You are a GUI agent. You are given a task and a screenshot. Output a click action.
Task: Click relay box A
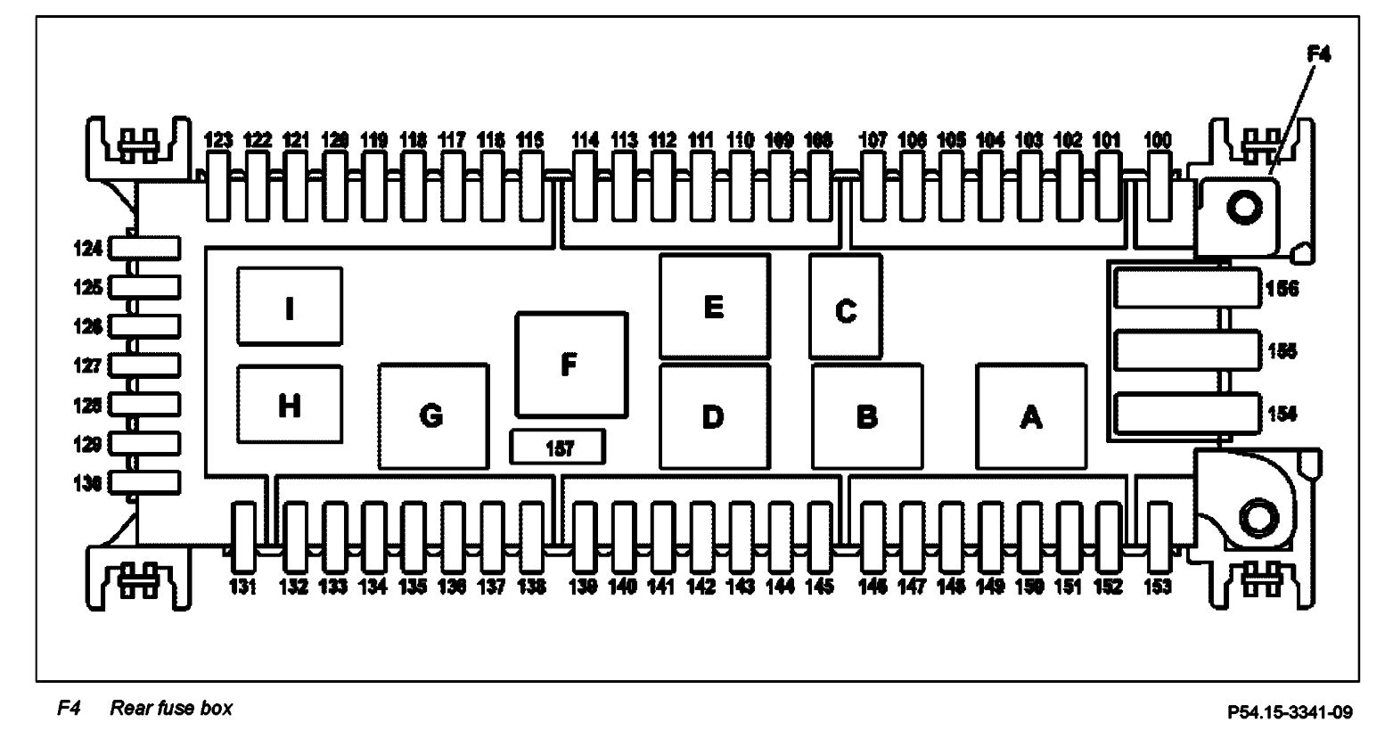pyautogui.click(x=1031, y=415)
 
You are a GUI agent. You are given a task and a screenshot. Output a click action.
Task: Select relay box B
pyautogui.click(x=866, y=415)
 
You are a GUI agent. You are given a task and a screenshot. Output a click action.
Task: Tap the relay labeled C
pyautogui.click(x=845, y=306)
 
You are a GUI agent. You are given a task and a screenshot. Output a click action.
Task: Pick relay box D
pyautogui.click(x=714, y=415)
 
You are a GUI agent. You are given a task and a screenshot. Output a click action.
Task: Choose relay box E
pyautogui.click(x=714, y=306)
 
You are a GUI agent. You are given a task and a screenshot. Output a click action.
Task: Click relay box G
pyautogui.click(x=432, y=415)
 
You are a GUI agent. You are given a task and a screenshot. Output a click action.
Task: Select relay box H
pyautogui.click(x=290, y=405)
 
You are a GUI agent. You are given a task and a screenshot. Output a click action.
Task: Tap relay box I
pyautogui.click(x=290, y=307)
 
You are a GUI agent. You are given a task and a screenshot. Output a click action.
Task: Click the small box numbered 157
pyautogui.click(x=558, y=447)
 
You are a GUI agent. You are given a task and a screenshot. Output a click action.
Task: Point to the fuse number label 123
pyautogui.click(x=218, y=140)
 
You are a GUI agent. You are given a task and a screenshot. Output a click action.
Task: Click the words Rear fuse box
pyautogui.click(x=171, y=710)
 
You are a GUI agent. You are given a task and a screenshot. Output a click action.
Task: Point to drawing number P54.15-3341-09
pyautogui.click(x=1290, y=711)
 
